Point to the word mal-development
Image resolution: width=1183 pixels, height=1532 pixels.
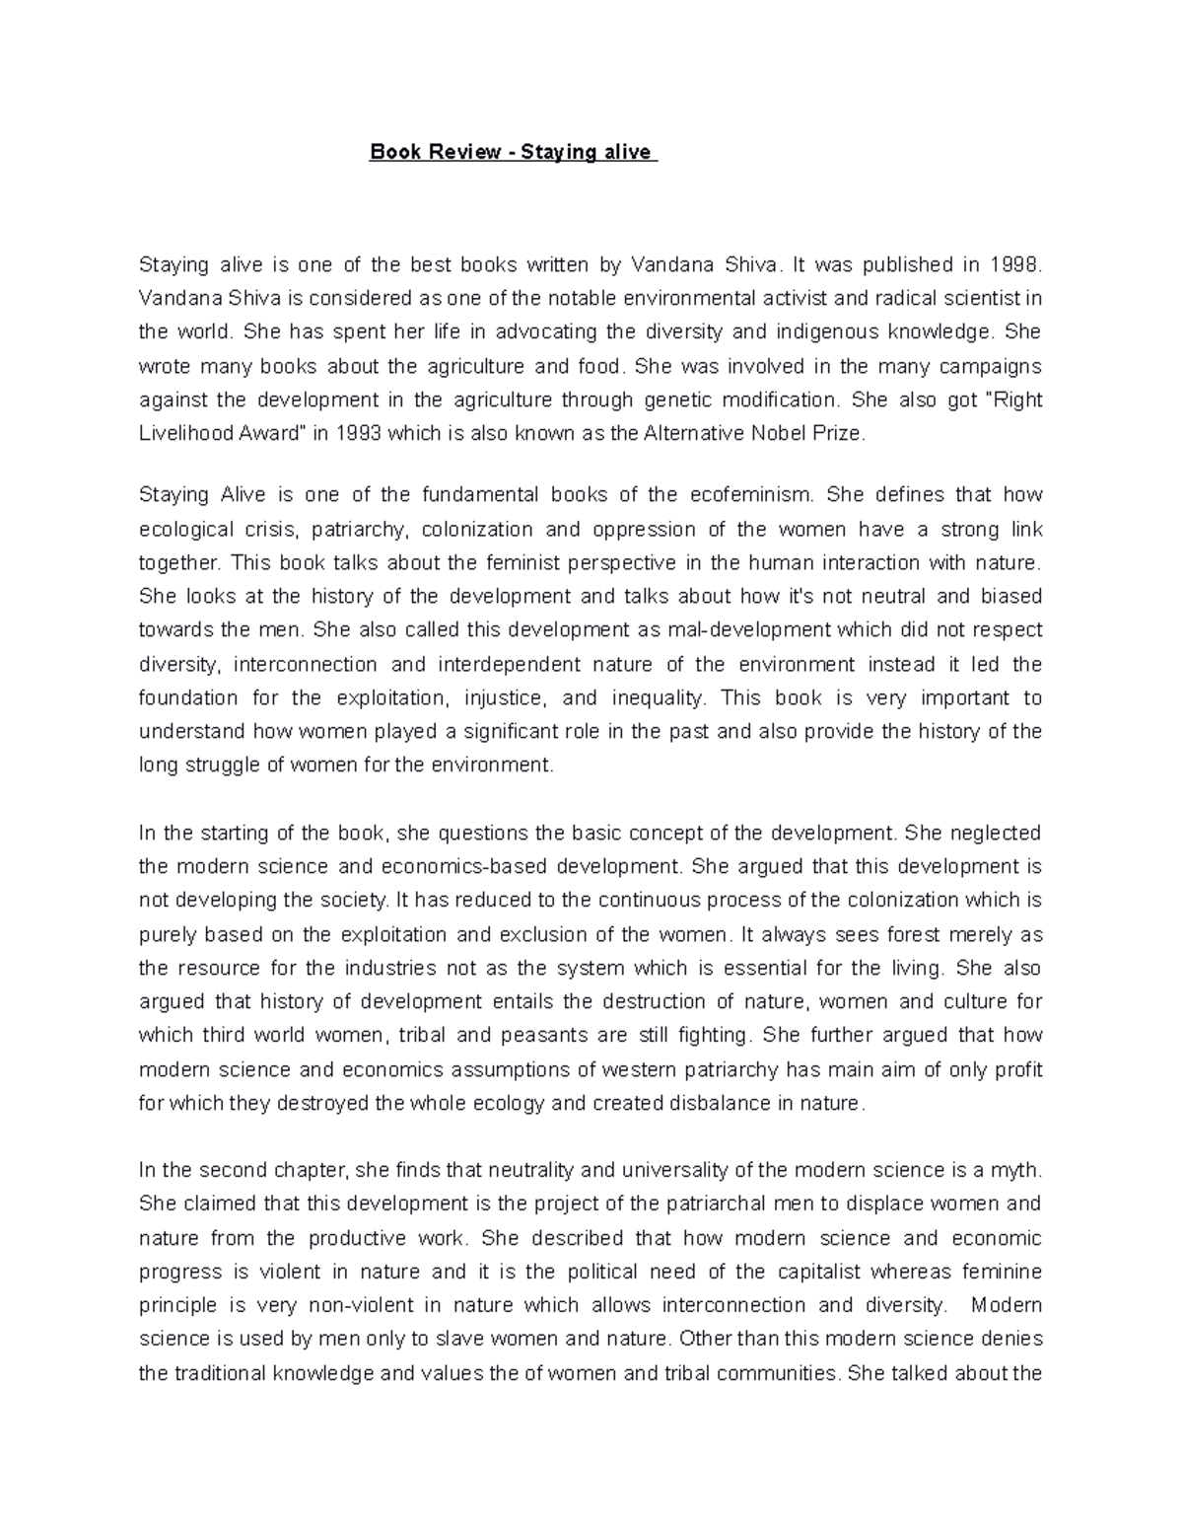pos(750,629)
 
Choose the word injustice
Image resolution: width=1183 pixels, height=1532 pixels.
pos(505,697)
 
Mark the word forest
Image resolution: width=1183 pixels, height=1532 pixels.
pos(905,934)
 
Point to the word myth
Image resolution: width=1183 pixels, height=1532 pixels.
pos(1015,1170)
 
